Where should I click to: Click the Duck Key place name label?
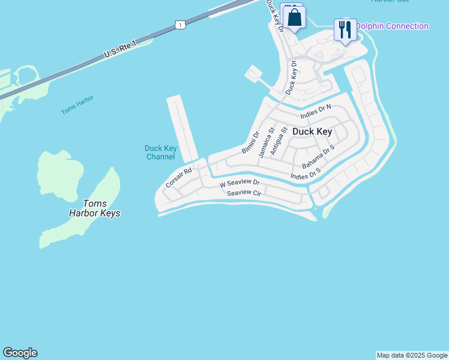(x=312, y=131)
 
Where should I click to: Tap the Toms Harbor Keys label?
(x=94, y=208)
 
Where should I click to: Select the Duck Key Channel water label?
(x=160, y=152)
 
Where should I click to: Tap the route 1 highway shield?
(x=180, y=24)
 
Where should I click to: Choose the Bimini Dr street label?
(x=250, y=142)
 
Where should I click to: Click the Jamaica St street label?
(x=266, y=142)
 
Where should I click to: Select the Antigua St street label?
(x=277, y=142)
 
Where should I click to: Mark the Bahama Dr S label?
(x=318, y=157)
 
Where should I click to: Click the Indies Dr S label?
(x=306, y=173)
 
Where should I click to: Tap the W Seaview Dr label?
(x=239, y=183)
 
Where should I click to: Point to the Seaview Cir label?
(x=243, y=193)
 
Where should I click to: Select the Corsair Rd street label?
(x=178, y=178)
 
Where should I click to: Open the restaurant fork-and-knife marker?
(x=345, y=29)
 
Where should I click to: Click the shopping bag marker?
(x=295, y=17)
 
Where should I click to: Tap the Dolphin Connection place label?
(x=392, y=26)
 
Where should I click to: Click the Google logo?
(x=20, y=353)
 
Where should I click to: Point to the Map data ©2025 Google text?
(x=412, y=355)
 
